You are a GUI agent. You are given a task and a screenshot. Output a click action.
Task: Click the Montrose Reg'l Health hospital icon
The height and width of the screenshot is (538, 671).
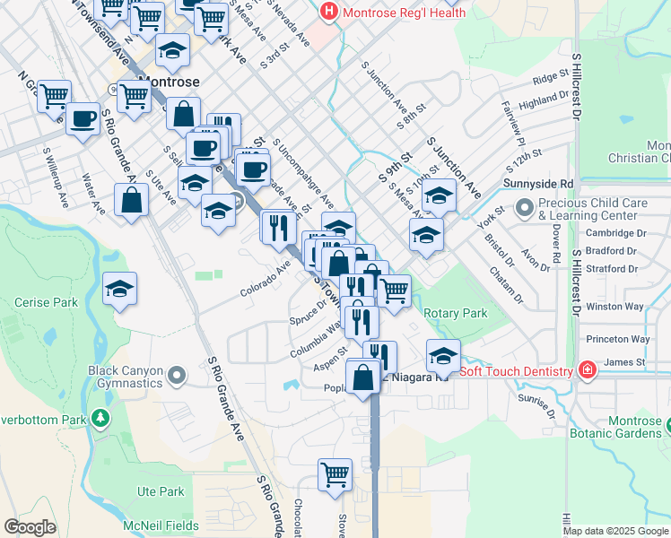tap(329, 13)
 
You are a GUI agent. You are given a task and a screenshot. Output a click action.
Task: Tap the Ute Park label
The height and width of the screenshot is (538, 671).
tap(160, 491)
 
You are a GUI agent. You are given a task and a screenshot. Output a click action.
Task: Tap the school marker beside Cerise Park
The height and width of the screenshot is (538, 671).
tap(119, 289)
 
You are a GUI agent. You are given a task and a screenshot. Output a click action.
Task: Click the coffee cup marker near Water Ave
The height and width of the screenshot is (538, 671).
tap(83, 117)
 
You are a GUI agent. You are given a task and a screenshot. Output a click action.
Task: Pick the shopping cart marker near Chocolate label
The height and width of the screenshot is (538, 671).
tap(335, 473)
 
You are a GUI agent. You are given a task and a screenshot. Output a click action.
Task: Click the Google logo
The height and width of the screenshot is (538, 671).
tap(30, 527)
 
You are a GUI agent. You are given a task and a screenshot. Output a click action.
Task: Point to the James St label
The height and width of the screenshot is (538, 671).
tap(625, 362)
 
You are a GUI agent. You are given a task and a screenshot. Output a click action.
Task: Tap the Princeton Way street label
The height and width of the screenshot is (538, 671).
tap(617, 339)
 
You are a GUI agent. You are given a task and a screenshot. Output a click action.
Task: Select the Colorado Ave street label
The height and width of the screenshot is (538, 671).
tap(266, 279)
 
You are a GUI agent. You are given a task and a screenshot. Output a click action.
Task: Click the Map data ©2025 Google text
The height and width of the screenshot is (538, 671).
tap(614, 531)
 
